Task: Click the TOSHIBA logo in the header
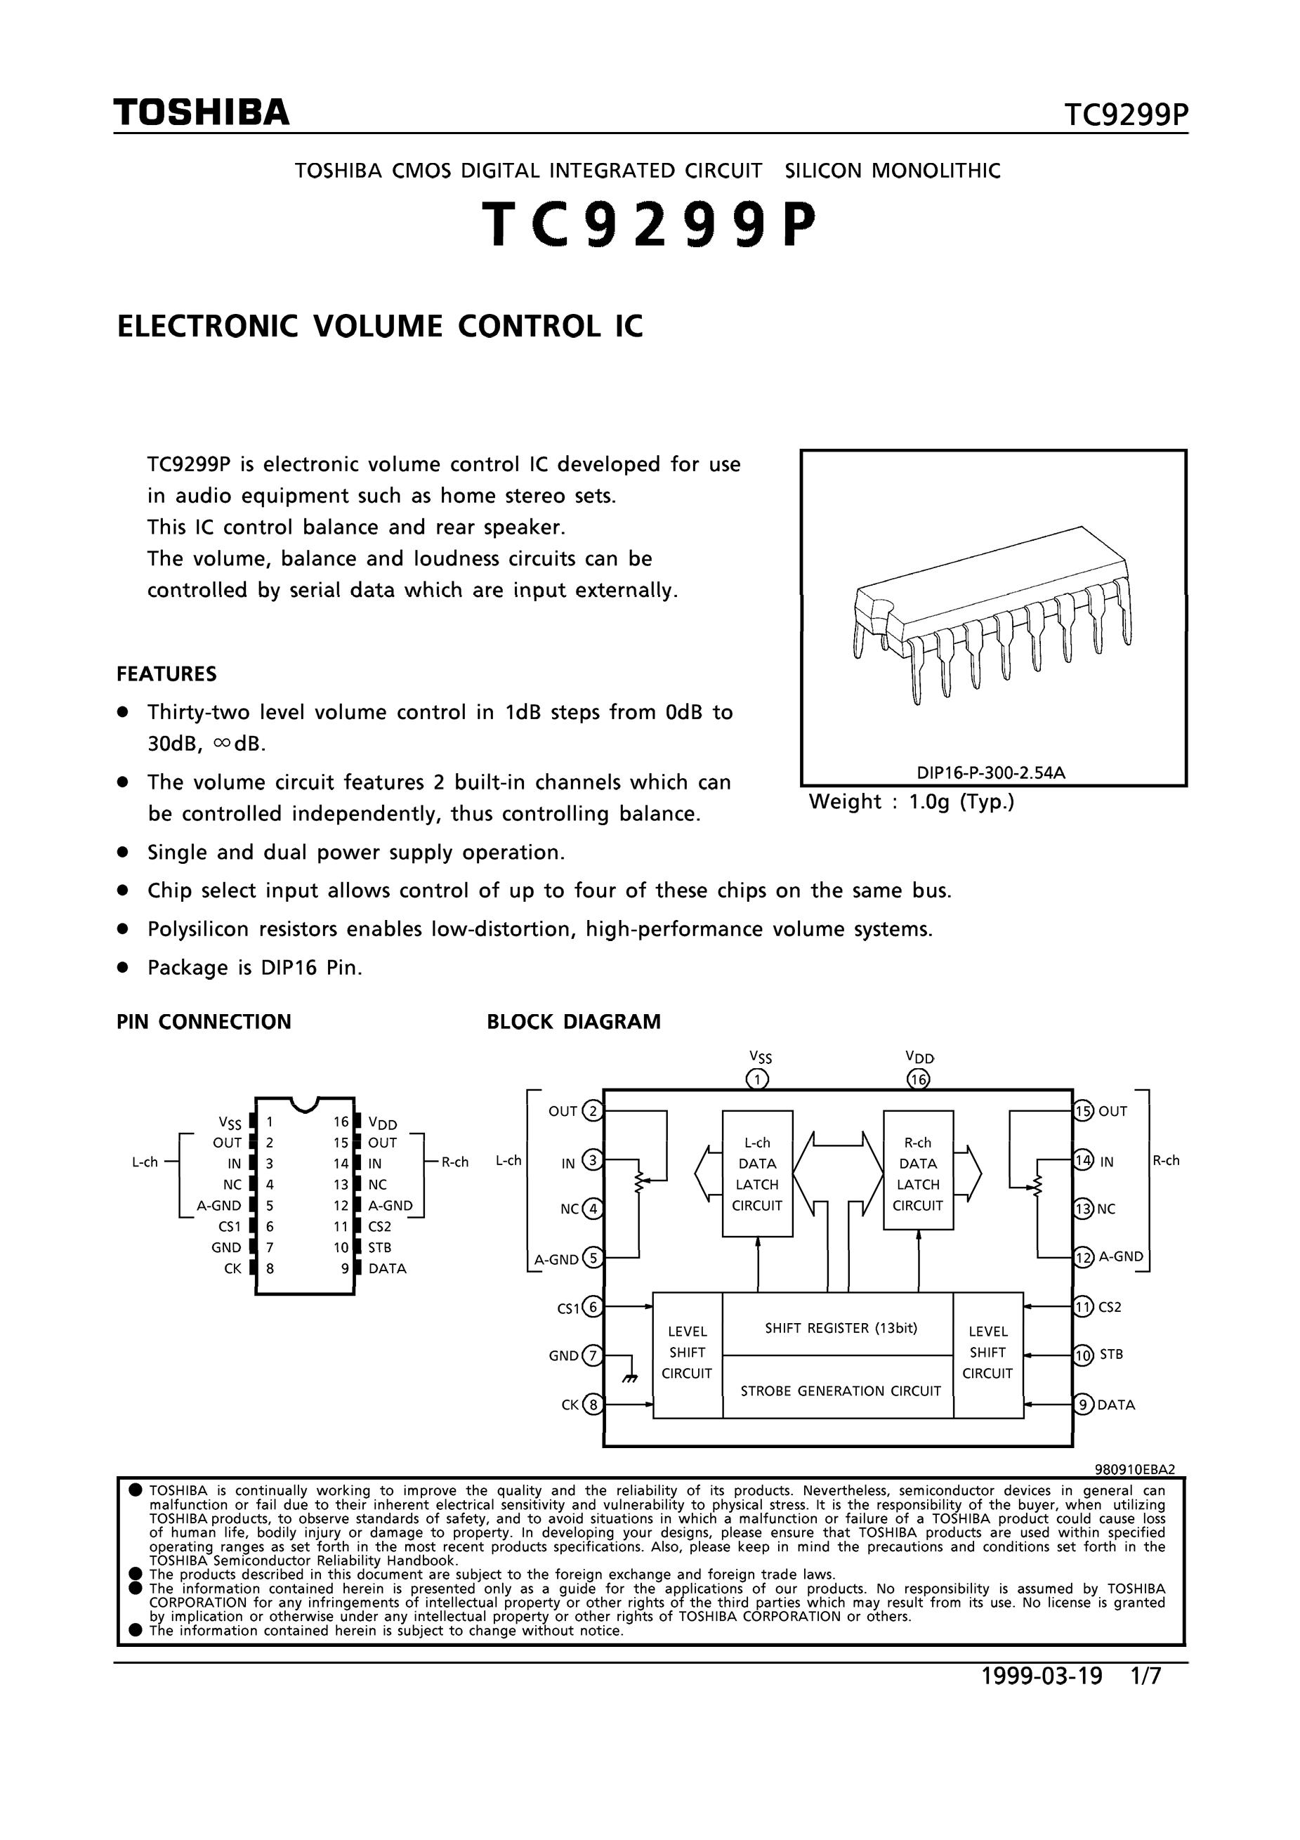[201, 113]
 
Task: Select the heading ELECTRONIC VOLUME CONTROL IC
[380, 327]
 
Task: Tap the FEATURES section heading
[166, 674]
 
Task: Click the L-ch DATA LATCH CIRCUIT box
[756, 1174]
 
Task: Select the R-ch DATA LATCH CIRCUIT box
[918, 1174]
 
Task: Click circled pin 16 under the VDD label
[918, 1079]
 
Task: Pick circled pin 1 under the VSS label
[756, 1079]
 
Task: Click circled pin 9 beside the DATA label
[1083, 1405]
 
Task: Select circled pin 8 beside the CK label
[593, 1405]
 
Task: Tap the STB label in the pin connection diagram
[380, 1248]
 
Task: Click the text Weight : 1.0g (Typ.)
[912, 802]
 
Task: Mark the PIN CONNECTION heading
[204, 1022]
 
